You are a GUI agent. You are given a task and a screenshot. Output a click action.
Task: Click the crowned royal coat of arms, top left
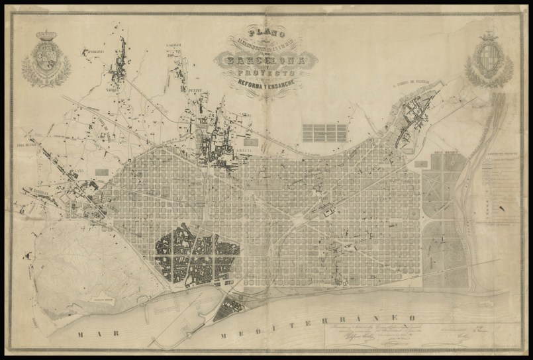pos(46,60)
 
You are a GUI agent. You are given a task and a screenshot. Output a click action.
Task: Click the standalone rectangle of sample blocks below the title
pos(324,132)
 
